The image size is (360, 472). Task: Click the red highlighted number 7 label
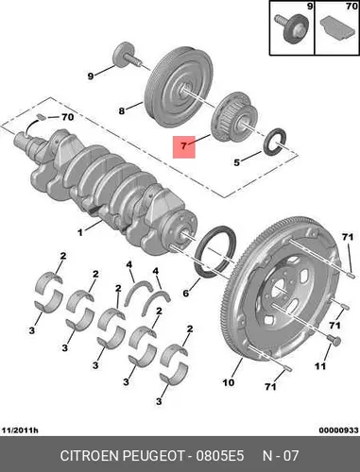click(x=184, y=147)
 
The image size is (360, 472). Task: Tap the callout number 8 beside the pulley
click(x=122, y=111)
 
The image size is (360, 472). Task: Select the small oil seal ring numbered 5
click(x=275, y=142)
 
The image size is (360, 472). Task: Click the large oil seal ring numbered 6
click(x=215, y=252)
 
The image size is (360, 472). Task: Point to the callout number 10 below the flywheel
click(x=229, y=382)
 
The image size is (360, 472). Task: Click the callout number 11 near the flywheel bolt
click(x=320, y=366)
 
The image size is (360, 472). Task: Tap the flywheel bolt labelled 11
click(x=334, y=340)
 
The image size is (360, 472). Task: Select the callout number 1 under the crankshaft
click(x=80, y=232)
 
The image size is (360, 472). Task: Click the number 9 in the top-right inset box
click(x=310, y=6)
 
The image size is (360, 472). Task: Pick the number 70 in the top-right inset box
click(x=351, y=6)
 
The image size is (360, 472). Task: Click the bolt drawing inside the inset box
click(x=290, y=28)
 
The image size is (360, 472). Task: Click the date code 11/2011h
click(x=20, y=430)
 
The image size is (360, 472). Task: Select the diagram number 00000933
click(x=338, y=430)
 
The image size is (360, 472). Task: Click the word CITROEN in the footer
click(x=90, y=456)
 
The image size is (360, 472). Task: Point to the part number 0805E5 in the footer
click(x=220, y=456)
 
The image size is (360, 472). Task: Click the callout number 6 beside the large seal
click(x=186, y=293)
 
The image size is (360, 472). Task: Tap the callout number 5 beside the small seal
click(x=236, y=162)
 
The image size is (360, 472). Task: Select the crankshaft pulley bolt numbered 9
click(x=126, y=56)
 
